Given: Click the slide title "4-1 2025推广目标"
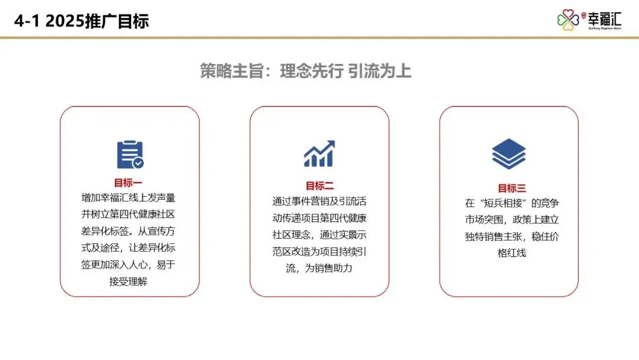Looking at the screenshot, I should pyautogui.click(x=82, y=21).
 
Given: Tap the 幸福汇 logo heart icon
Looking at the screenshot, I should pyautogui.click(x=567, y=20).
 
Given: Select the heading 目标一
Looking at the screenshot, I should pyautogui.click(x=128, y=183).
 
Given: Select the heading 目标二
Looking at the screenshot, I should pyautogui.click(x=319, y=186).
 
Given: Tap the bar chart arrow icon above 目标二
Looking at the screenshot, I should pyautogui.click(x=319, y=154).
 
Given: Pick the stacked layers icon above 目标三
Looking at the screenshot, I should pyautogui.click(x=509, y=154).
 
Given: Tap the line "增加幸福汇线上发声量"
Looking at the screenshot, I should pyautogui.click(x=128, y=197).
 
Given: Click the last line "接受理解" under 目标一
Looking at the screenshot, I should pyautogui.click(x=128, y=282).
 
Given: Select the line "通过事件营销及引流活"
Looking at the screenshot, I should pyautogui.click(x=319, y=201).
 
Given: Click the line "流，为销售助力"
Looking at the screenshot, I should pyautogui.click(x=319, y=269).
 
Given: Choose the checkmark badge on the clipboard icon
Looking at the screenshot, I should pyautogui.click(x=138, y=163).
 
